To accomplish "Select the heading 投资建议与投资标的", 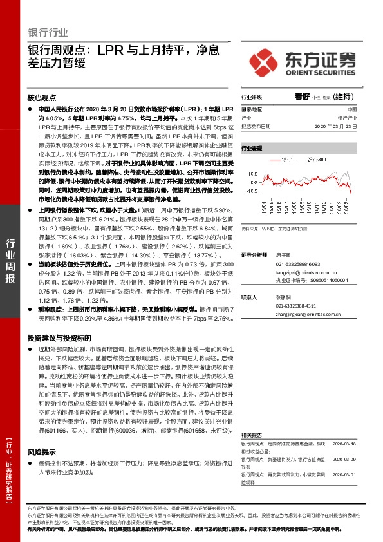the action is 59,338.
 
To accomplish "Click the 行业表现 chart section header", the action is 252,148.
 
